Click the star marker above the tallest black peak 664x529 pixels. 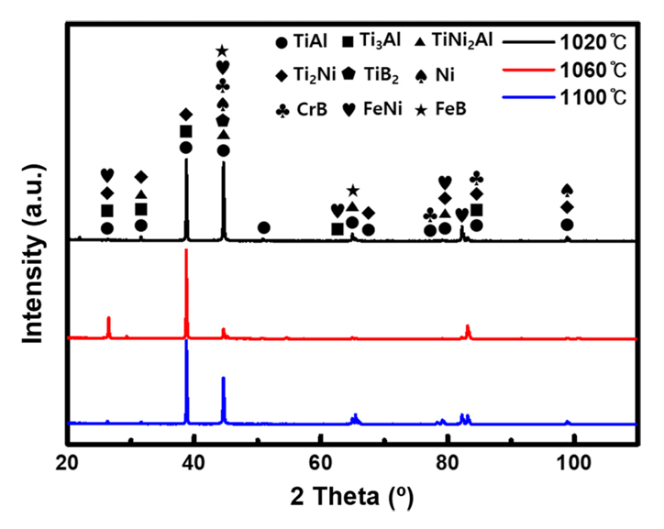pyautogui.click(x=222, y=51)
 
